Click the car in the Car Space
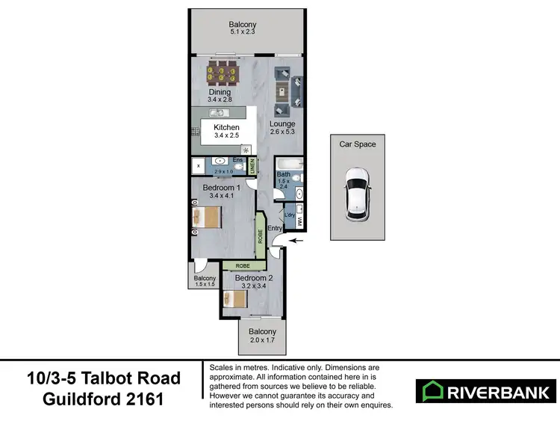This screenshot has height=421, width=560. pyautogui.click(x=356, y=194)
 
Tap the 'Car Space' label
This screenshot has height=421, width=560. pyautogui.click(x=358, y=144)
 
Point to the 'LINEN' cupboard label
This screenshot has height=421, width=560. pyautogui.click(x=253, y=165)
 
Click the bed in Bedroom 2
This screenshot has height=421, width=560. pyautogui.click(x=234, y=299)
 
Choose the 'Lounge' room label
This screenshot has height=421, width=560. pyautogui.click(x=283, y=124)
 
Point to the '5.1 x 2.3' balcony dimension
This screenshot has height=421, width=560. pyautogui.click(x=243, y=33)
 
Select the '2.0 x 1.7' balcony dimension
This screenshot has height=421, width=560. pyautogui.click(x=262, y=341)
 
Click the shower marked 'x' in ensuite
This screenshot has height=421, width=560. pyautogui.click(x=199, y=165)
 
